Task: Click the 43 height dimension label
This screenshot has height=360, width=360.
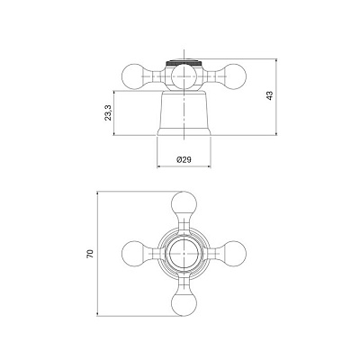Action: [x=270, y=95]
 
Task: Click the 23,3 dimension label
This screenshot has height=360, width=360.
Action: [x=108, y=112]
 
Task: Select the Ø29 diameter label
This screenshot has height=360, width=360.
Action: [x=184, y=159]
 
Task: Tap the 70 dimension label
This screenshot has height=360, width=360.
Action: [x=90, y=254]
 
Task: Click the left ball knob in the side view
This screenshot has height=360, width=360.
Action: [x=135, y=76]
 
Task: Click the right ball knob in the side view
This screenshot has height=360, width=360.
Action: [x=234, y=76]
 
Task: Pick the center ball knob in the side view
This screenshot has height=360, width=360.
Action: [x=184, y=76]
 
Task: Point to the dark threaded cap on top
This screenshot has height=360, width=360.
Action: [x=184, y=63]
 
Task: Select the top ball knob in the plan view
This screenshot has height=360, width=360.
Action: [x=184, y=204]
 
